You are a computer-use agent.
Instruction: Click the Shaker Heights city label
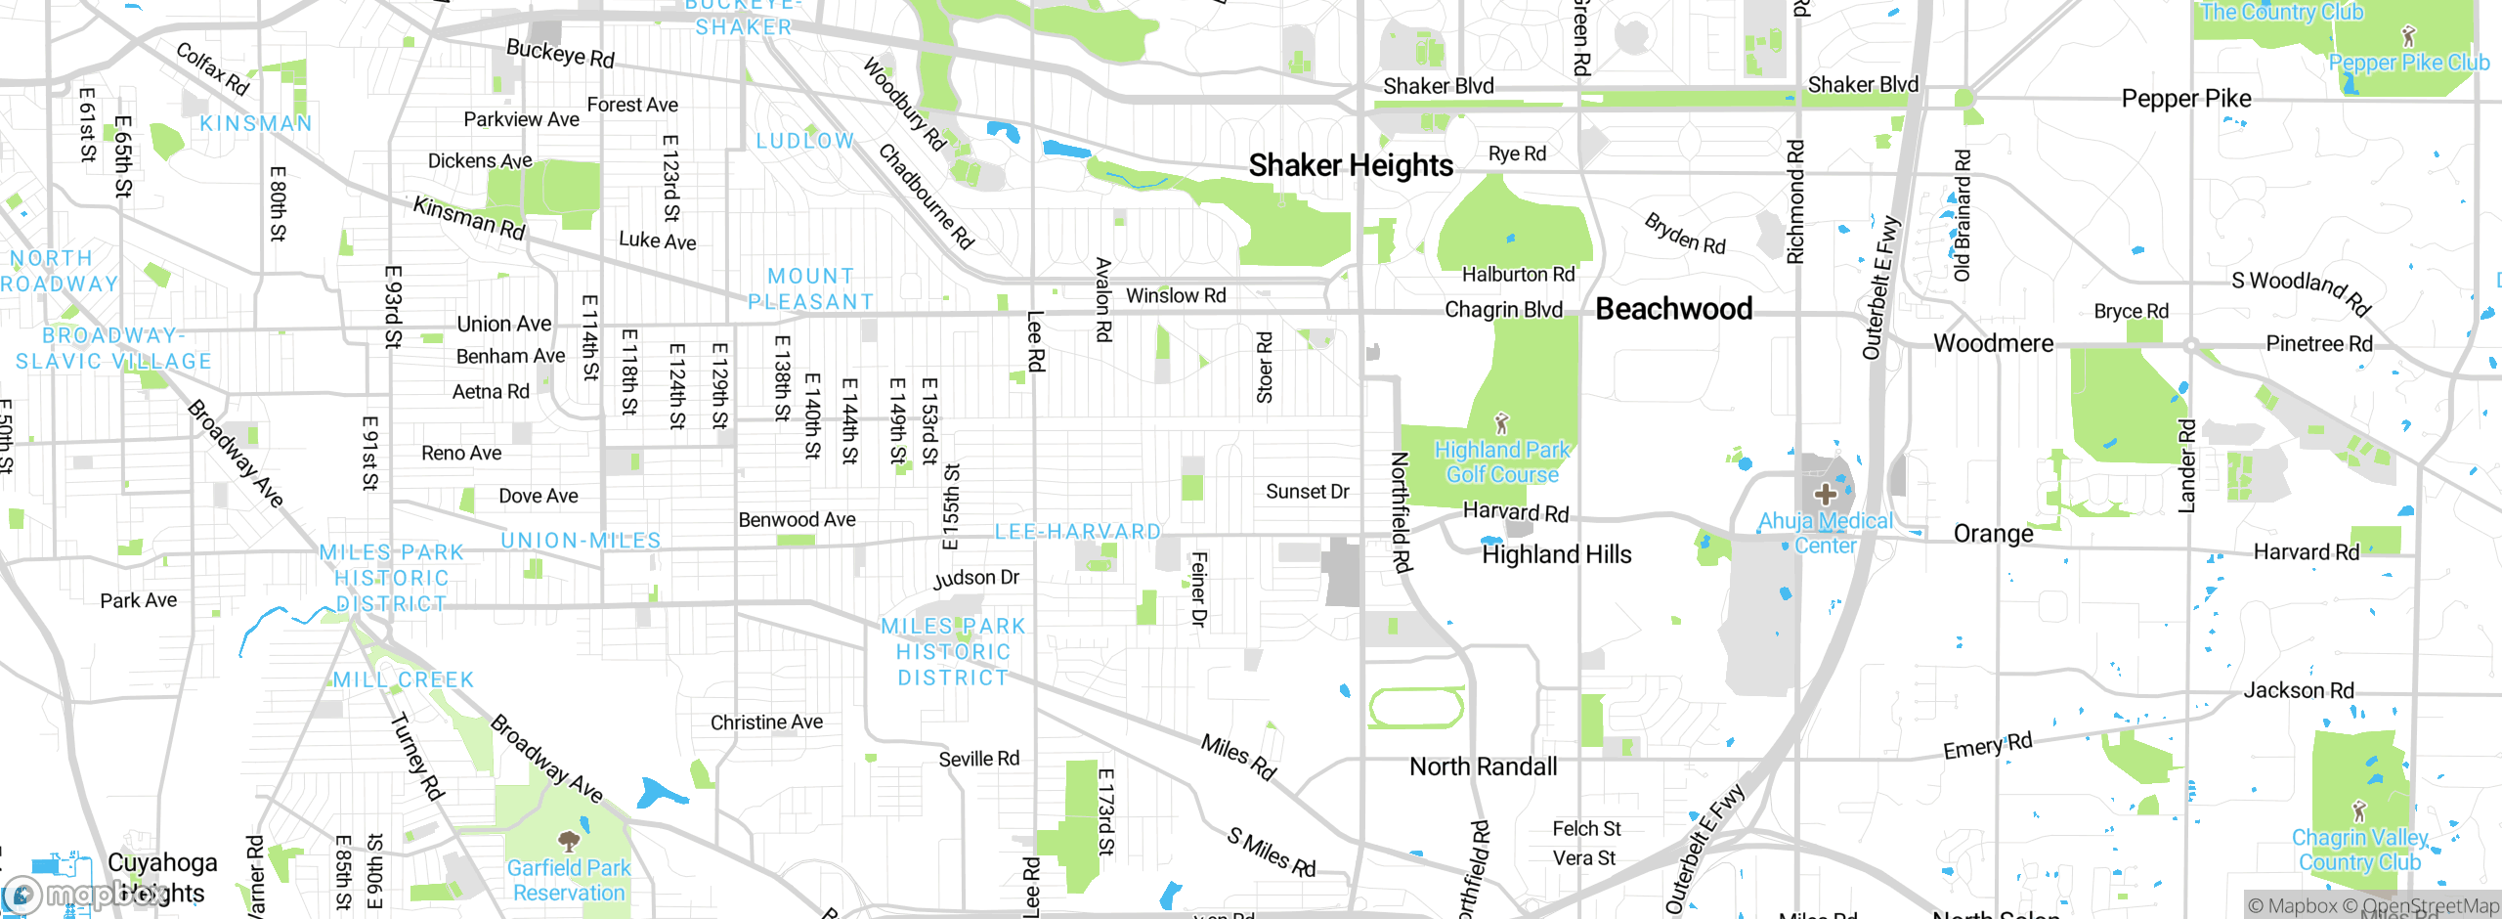[1351, 165]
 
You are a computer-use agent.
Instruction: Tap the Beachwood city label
[1673, 309]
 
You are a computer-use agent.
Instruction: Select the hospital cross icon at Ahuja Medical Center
[1825, 494]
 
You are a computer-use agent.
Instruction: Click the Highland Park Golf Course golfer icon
[1502, 423]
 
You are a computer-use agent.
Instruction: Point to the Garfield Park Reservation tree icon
[569, 840]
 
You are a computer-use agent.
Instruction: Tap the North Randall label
[1483, 766]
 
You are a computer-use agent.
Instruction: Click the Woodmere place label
[1993, 343]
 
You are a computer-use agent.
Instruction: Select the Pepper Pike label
[2185, 99]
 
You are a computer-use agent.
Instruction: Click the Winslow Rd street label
[1176, 295]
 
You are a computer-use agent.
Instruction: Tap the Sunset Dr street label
[1307, 492]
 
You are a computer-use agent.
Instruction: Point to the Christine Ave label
[766, 722]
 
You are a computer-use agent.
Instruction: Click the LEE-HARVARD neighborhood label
[1077, 532]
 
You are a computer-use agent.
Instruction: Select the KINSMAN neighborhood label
[255, 123]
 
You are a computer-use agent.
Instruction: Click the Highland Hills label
[1556, 554]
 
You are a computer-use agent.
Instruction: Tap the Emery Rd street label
[1987, 746]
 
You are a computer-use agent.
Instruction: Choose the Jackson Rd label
[2298, 690]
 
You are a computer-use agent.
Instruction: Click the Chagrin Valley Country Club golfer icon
[2359, 810]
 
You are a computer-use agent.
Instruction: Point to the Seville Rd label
[978, 759]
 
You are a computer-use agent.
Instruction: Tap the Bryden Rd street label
[1685, 234]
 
